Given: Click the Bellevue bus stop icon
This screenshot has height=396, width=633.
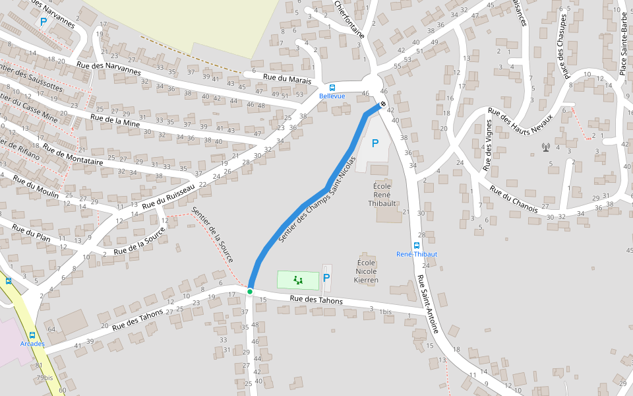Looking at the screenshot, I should pos(332,87).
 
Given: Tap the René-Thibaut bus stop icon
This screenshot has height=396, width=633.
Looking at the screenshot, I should pos(416,245).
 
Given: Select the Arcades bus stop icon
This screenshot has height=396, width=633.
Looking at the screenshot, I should pos(32,335).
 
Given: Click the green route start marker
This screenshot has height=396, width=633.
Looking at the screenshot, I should pos(250,291).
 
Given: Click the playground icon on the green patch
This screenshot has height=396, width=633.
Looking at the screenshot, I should pos(298,280).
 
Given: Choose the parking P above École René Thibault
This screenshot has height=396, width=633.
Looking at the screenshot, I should pos(375,143).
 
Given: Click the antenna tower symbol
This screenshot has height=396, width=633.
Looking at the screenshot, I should pos(545,147).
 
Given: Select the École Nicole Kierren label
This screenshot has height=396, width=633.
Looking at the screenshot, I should pos(367,271).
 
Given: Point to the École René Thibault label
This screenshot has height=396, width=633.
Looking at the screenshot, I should pos(382,195).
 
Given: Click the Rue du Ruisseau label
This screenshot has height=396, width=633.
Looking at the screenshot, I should pos(173,194).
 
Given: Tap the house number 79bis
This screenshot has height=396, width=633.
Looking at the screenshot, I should pos(45,378).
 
